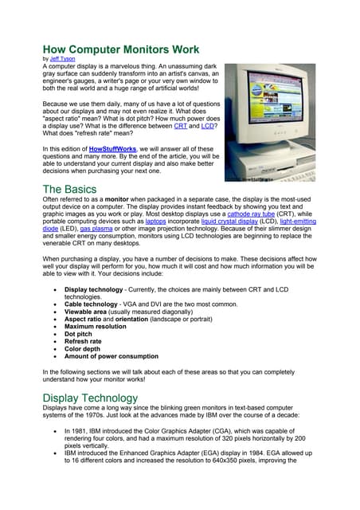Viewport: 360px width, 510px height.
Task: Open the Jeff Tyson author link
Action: pyautogui.click(x=65, y=58)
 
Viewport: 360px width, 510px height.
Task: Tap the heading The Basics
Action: pyautogui.click(x=70, y=190)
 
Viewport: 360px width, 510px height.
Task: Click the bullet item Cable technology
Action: pyautogui.click(x=97, y=304)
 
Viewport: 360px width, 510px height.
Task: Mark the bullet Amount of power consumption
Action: pyautogui.click(x=111, y=356)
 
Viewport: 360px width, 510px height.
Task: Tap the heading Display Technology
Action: pyautogui.click(x=90, y=398)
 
